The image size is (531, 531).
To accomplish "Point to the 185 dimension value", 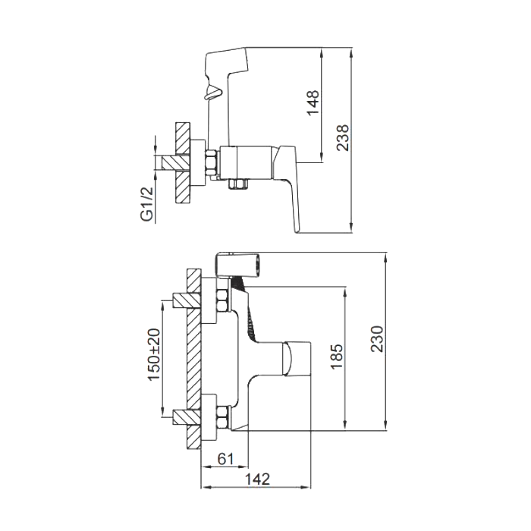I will click(338, 357).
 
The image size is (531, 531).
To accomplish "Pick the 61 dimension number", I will click(225, 458).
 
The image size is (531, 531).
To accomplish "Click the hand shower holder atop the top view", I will click(239, 263).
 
